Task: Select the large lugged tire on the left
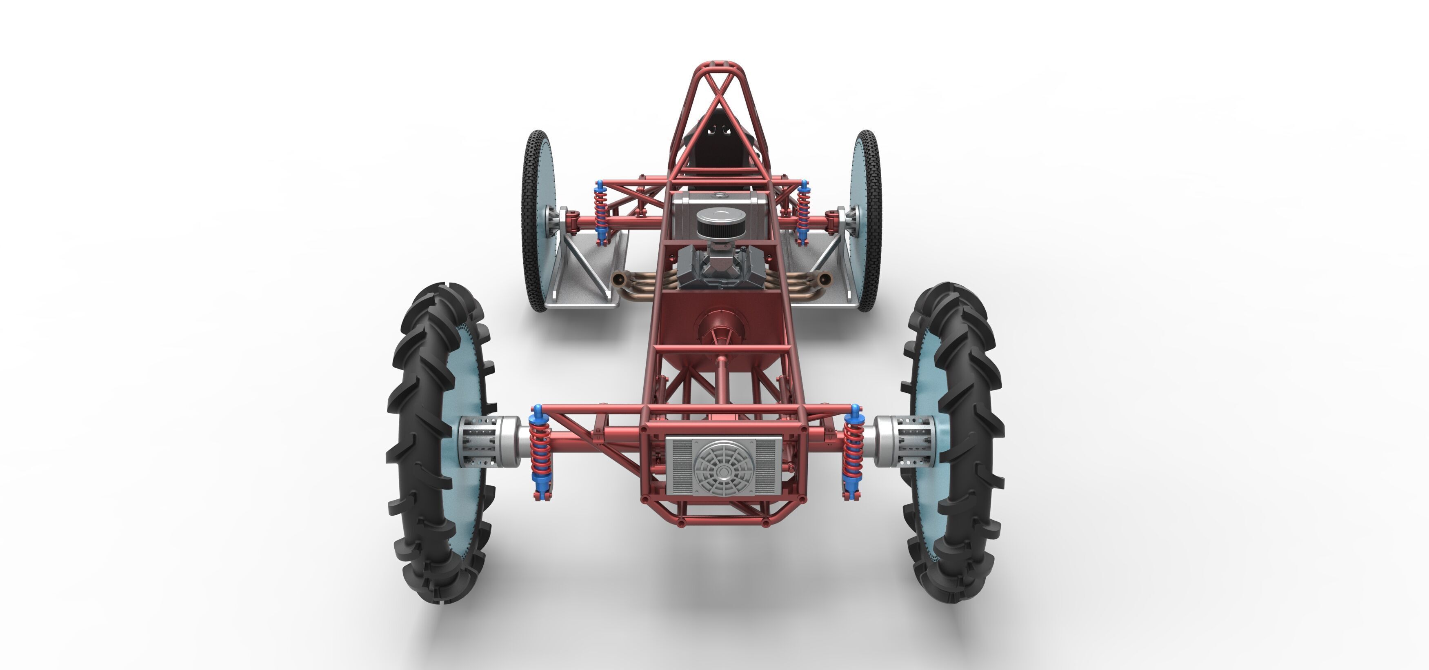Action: pyautogui.click(x=427, y=444)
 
